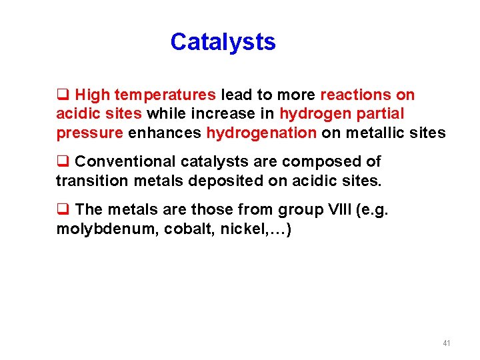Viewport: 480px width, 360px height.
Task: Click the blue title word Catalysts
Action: click(223, 42)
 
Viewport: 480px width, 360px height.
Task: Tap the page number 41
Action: click(446, 343)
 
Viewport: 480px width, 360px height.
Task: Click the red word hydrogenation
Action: click(261, 133)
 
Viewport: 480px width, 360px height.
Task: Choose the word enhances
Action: click(165, 133)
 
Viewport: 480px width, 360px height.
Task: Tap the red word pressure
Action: click(89, 133)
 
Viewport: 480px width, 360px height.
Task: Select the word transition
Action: click(89, 181)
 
